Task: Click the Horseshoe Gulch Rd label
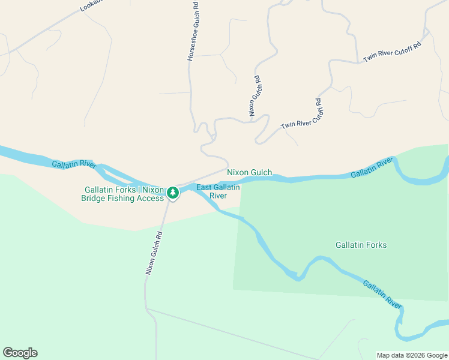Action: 193,31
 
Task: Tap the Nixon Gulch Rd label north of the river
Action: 255,95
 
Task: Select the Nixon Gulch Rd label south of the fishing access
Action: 154,253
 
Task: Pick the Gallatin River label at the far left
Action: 74,164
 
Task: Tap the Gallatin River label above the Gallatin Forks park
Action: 372,167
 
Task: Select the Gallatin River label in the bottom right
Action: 382,294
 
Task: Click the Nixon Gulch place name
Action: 249,173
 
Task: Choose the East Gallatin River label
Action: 218,191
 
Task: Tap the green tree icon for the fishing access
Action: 173,193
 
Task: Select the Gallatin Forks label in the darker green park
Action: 361,245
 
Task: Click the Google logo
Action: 20,353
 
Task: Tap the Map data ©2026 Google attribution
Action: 412,355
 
